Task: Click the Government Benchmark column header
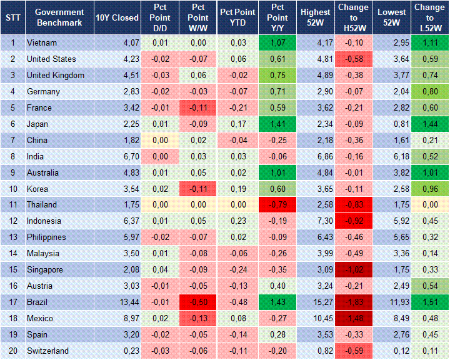tap(59, 17)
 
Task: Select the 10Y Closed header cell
tap(117, 17)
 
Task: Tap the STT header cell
tap(12, 17)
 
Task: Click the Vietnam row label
tap(41, 43)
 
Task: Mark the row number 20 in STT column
tap(12, 351)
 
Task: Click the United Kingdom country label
tap(55, 76)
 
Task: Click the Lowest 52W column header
tap(392, 17)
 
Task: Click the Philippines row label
tap(47, 237)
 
